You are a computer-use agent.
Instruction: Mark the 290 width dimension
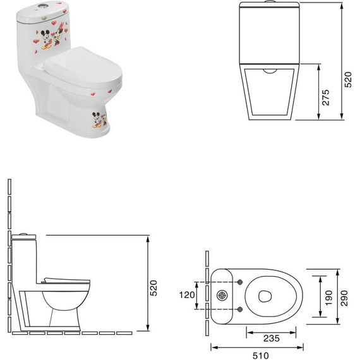[x=344, y=294]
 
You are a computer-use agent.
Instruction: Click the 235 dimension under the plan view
[x=271, y=339]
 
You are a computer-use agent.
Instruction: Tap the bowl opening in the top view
[x=267, y=295]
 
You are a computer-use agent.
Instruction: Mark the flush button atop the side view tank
[x=23, y=233]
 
